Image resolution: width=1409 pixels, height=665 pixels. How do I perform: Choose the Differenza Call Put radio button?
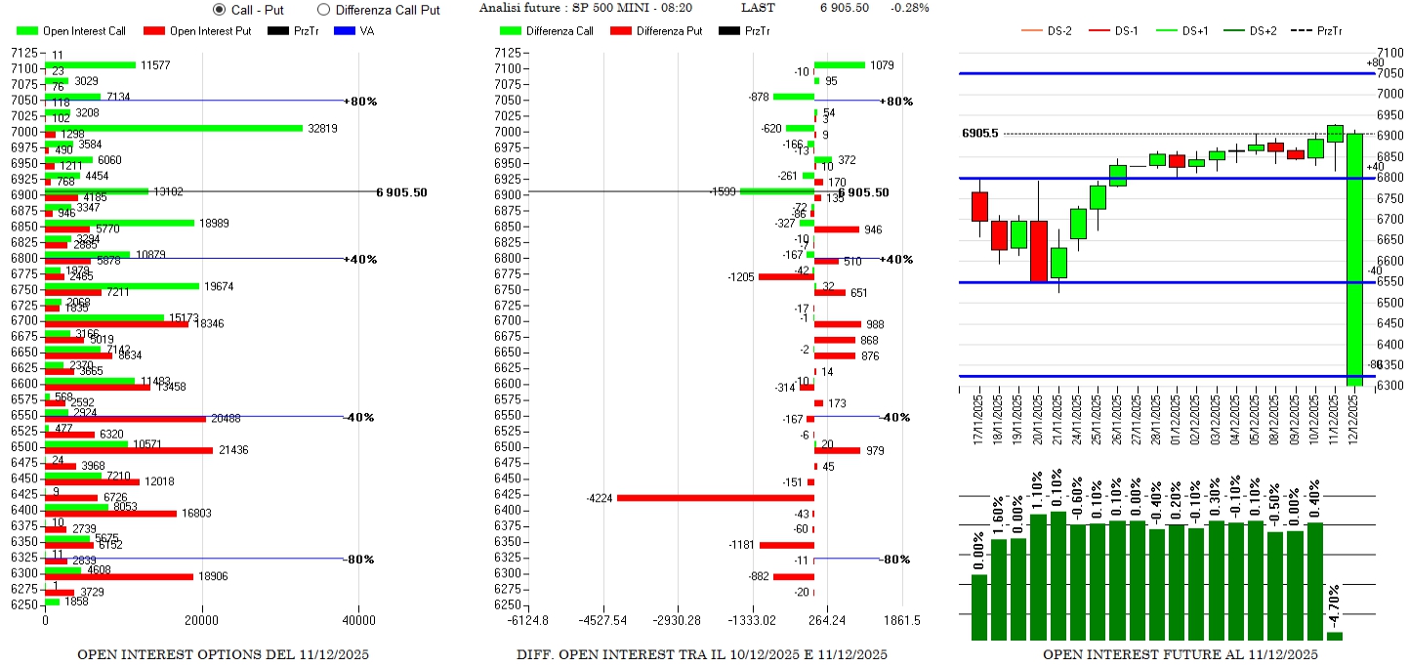pyautogui.click(x=323, y=10)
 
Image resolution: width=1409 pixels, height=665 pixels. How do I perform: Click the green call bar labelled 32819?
pyautogui.click(x=174, y=128)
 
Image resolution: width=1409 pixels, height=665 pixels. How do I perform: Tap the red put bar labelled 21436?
pyautogui.click(x=129, y=450)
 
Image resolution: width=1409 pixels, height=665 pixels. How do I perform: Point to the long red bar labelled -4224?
pyautogui.click(x=715, y=498)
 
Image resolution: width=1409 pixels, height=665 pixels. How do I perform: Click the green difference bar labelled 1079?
pyautogui.click(x=840, y=65)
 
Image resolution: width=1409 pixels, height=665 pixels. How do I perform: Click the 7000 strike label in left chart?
pyautogui.click(x=24, y=132)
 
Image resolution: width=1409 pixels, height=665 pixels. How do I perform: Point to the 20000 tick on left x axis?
pyautogui.click(x=202, y=620)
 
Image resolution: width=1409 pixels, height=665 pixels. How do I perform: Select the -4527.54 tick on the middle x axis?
pyautogui.click(x=603, y=620)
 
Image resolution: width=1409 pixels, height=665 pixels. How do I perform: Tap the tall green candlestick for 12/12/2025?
pyautogui.click(x=1354, y=254)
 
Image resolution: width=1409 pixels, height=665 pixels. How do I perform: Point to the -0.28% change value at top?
pyautogui.click(x=910, y=8)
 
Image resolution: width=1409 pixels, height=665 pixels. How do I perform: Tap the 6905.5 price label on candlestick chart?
pyautogui.click(x=979, y=133)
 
